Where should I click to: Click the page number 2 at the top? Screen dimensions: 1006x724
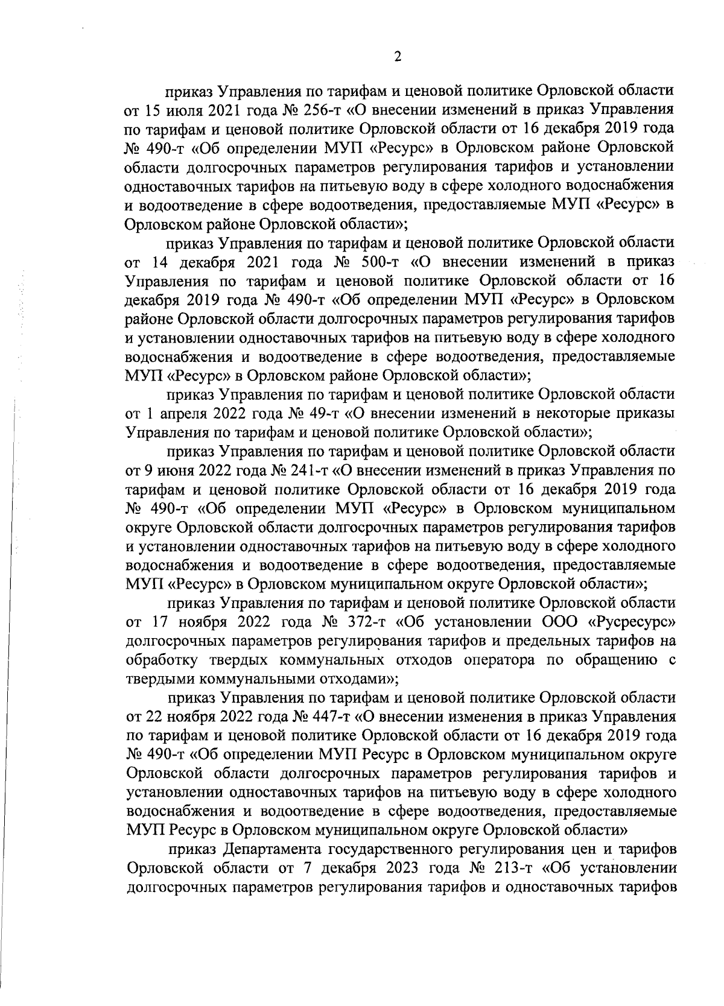pos(397,57)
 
